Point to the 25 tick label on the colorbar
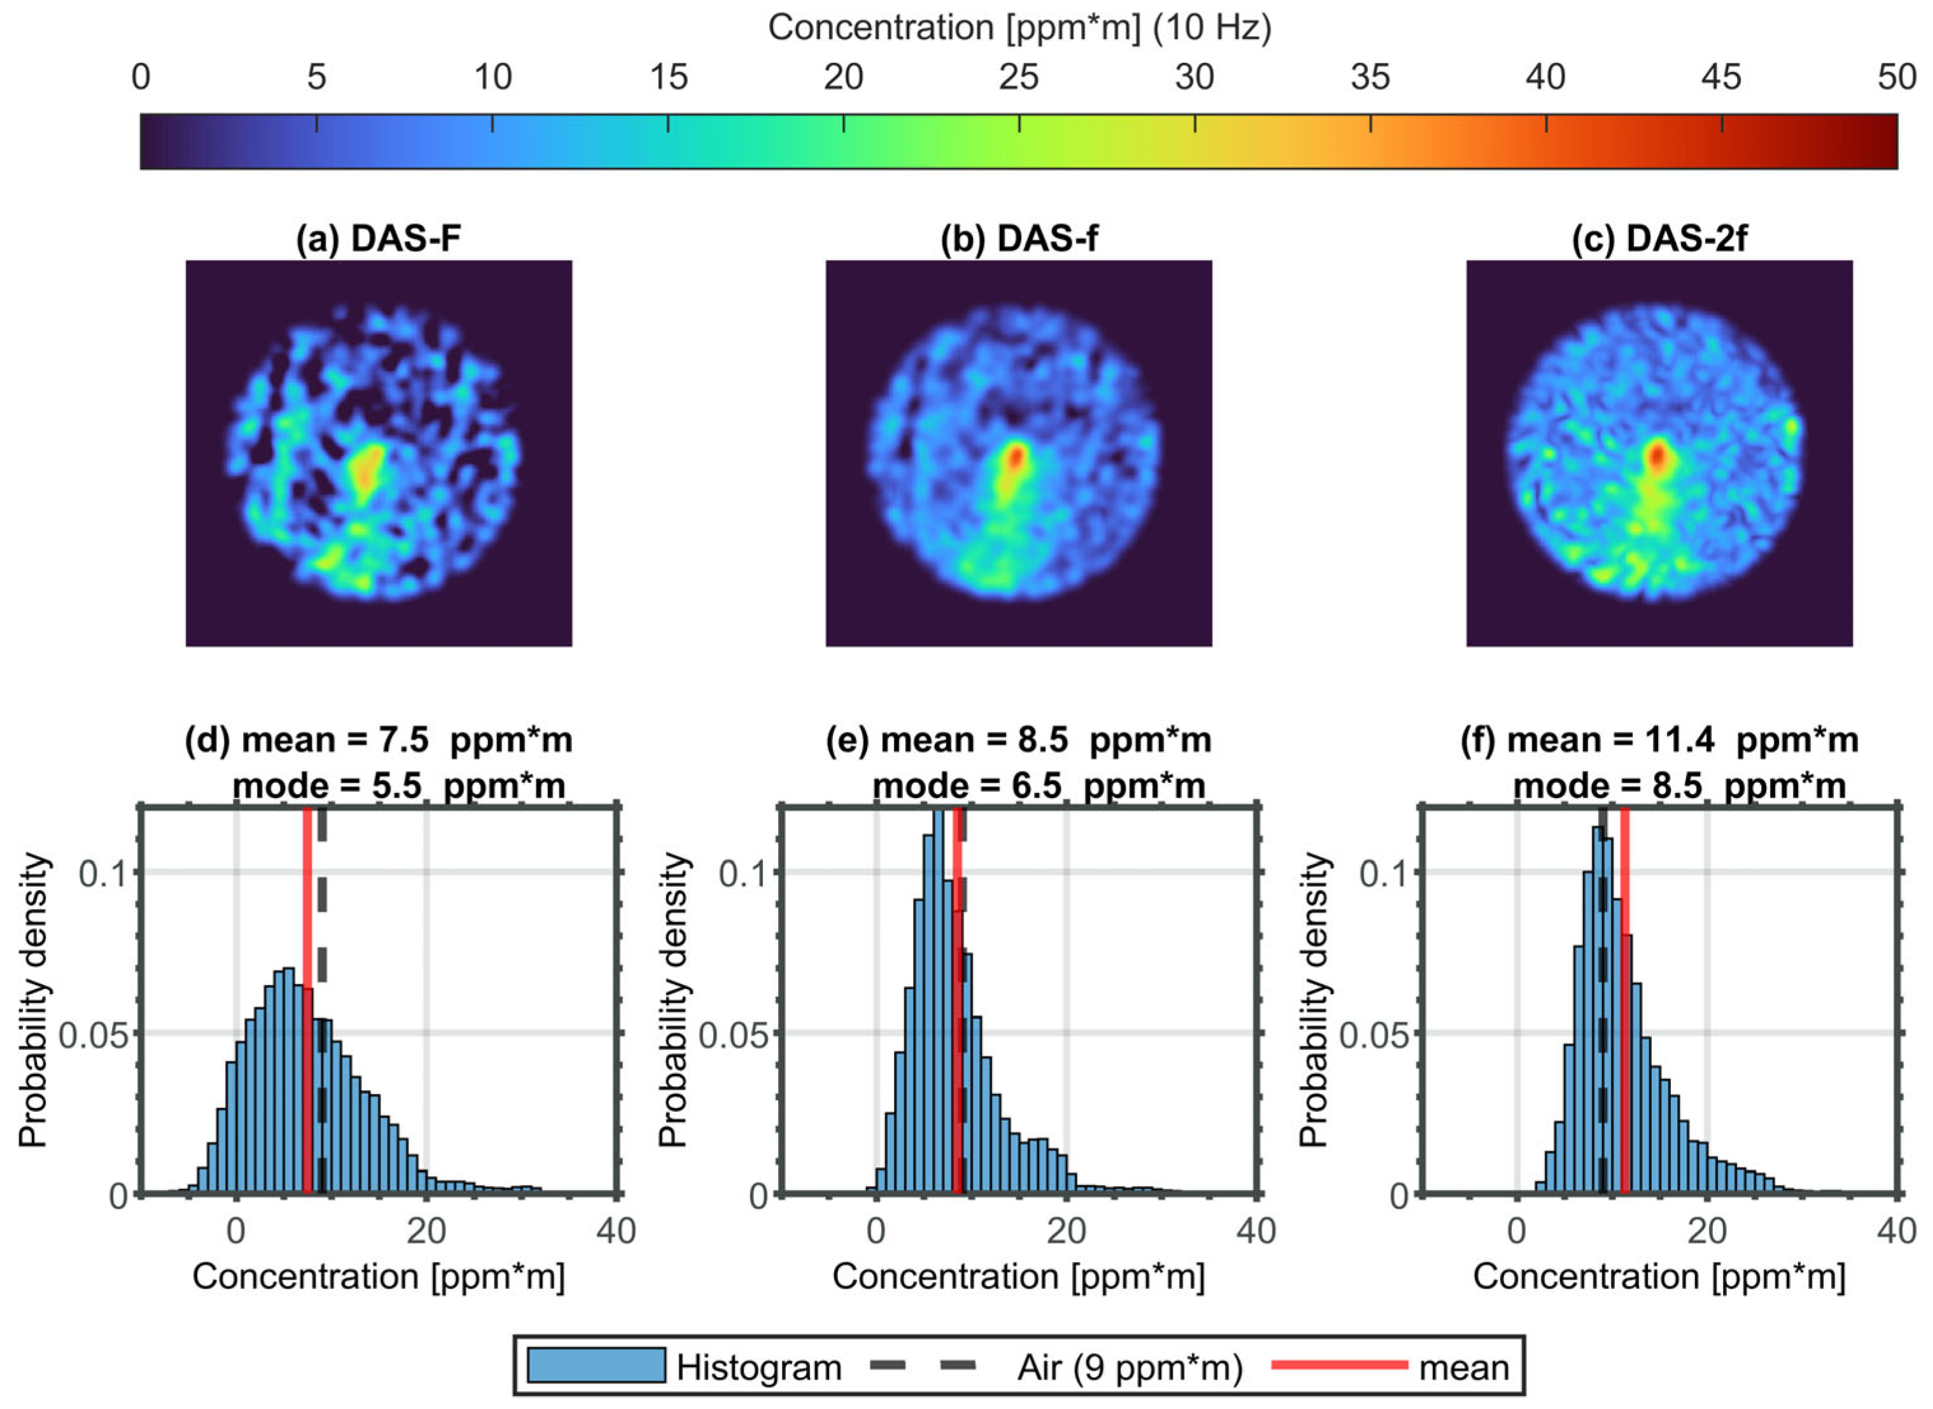coord(1018,78)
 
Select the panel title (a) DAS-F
coord(378,239)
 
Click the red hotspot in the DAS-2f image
coord(1657,456)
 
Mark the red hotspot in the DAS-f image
coord(1015,457)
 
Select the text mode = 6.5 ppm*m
coord(1038,785)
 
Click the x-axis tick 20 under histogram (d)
coord(426,1231)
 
